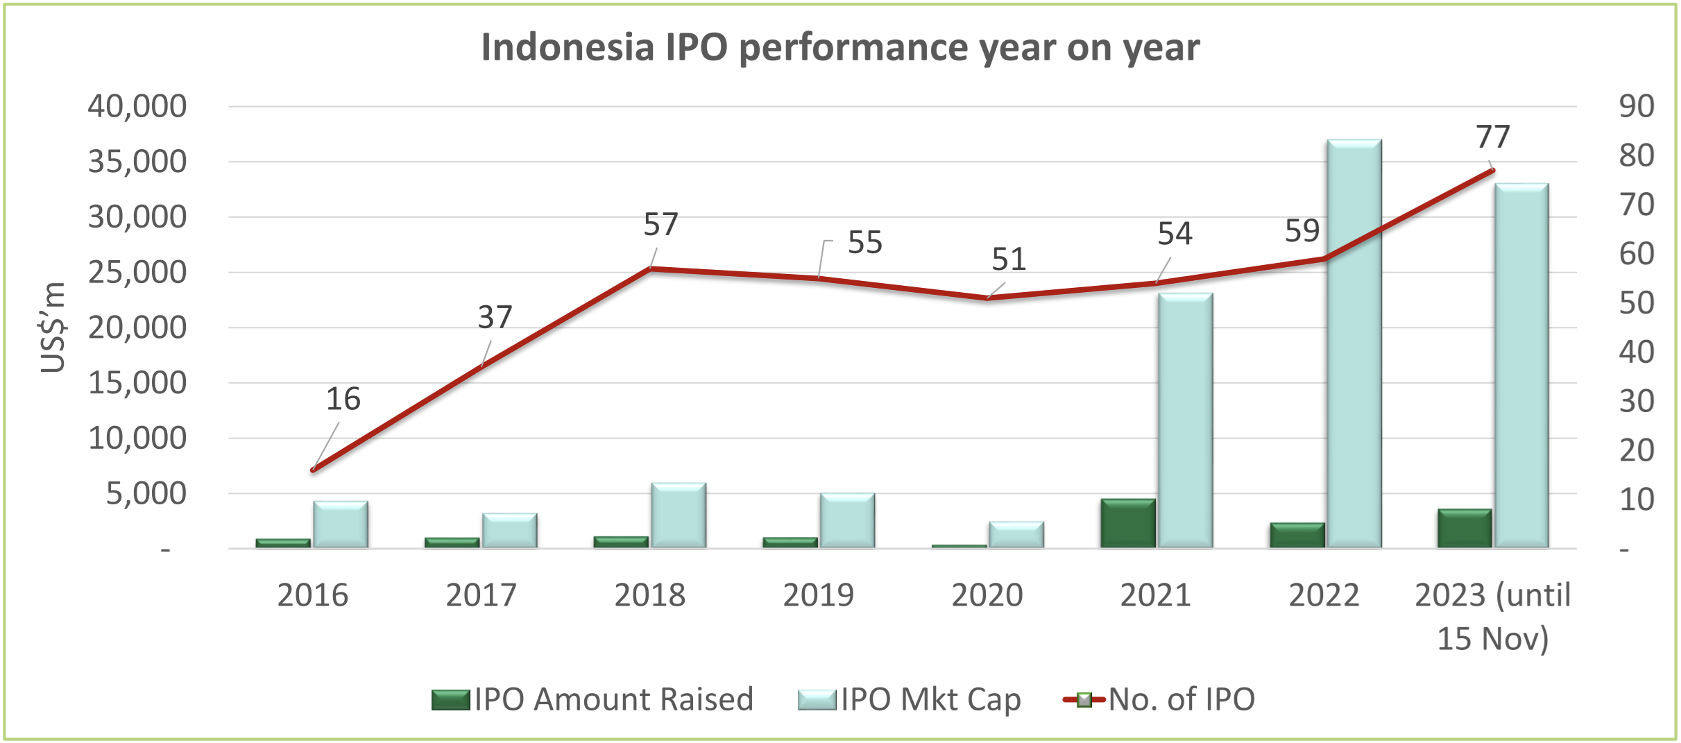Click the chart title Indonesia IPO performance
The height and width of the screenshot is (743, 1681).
coord(840,48)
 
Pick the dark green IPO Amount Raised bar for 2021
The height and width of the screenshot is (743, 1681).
coord(1128,524)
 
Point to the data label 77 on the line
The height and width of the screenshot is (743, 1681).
coord(1493,137)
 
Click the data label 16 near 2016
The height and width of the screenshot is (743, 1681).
coord(343,400)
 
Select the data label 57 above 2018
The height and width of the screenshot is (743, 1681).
coord(660,225)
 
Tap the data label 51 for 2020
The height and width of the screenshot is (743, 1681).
coord(1008,259)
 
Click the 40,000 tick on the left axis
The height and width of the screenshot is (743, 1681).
coord(137,106)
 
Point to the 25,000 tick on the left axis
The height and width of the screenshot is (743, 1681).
coord(137,273)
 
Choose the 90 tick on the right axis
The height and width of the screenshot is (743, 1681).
coord(1636,106)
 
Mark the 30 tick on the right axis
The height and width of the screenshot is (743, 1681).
coord(1636,402)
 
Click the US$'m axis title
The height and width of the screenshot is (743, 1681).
coord(53,327)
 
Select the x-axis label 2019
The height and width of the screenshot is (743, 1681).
coord(818,595)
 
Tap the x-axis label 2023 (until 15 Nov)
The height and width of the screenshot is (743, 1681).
coord(1492,616)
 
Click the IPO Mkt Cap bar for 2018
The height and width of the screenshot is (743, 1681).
coord(679,516)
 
